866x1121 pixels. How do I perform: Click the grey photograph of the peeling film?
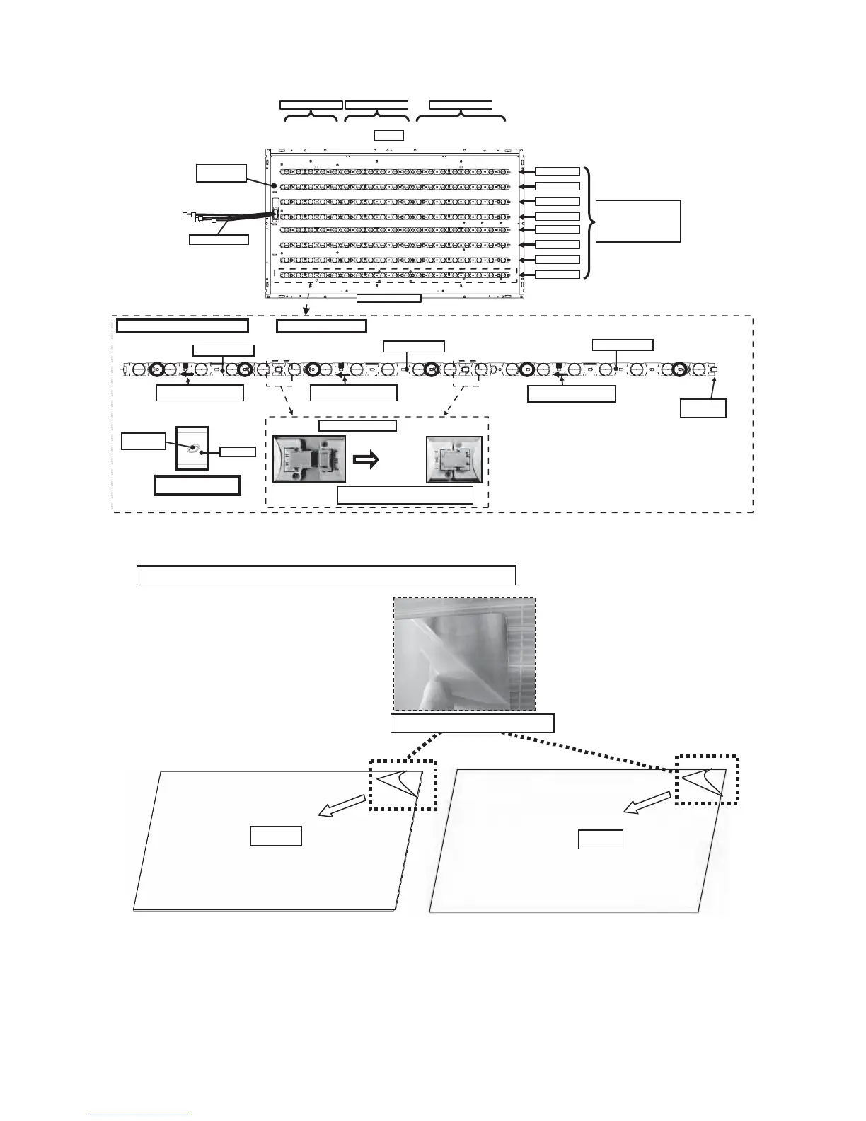point(464,654)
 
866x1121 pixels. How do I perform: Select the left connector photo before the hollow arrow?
point(309,459)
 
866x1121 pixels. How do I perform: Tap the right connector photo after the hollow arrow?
point(454,459)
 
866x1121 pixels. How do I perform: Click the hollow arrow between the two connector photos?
point(365,459)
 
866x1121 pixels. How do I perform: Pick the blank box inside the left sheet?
point(276,836)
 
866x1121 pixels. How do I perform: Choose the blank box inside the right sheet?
point(601,839)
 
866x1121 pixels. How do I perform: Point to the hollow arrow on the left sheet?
point(342,806)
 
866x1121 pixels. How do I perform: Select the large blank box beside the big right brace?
point(637,222)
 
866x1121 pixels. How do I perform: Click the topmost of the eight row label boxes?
point(558,171)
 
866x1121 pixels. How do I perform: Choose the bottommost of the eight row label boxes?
point(558,275)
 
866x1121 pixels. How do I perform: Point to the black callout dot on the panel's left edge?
point(272,185)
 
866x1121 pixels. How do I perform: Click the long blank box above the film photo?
point(325,575)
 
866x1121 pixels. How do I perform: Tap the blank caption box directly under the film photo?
point(472,723)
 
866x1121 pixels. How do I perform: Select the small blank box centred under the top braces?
point(388,135)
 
